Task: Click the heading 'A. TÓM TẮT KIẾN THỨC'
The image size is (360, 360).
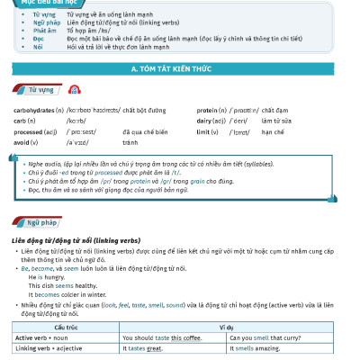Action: pos(180,68)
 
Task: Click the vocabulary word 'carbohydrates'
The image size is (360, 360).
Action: pos(33,110)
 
